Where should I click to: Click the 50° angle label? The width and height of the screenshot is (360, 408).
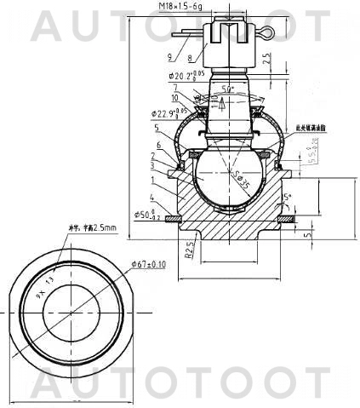tap(226, 89)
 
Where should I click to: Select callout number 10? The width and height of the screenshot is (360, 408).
tap(174, 98)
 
